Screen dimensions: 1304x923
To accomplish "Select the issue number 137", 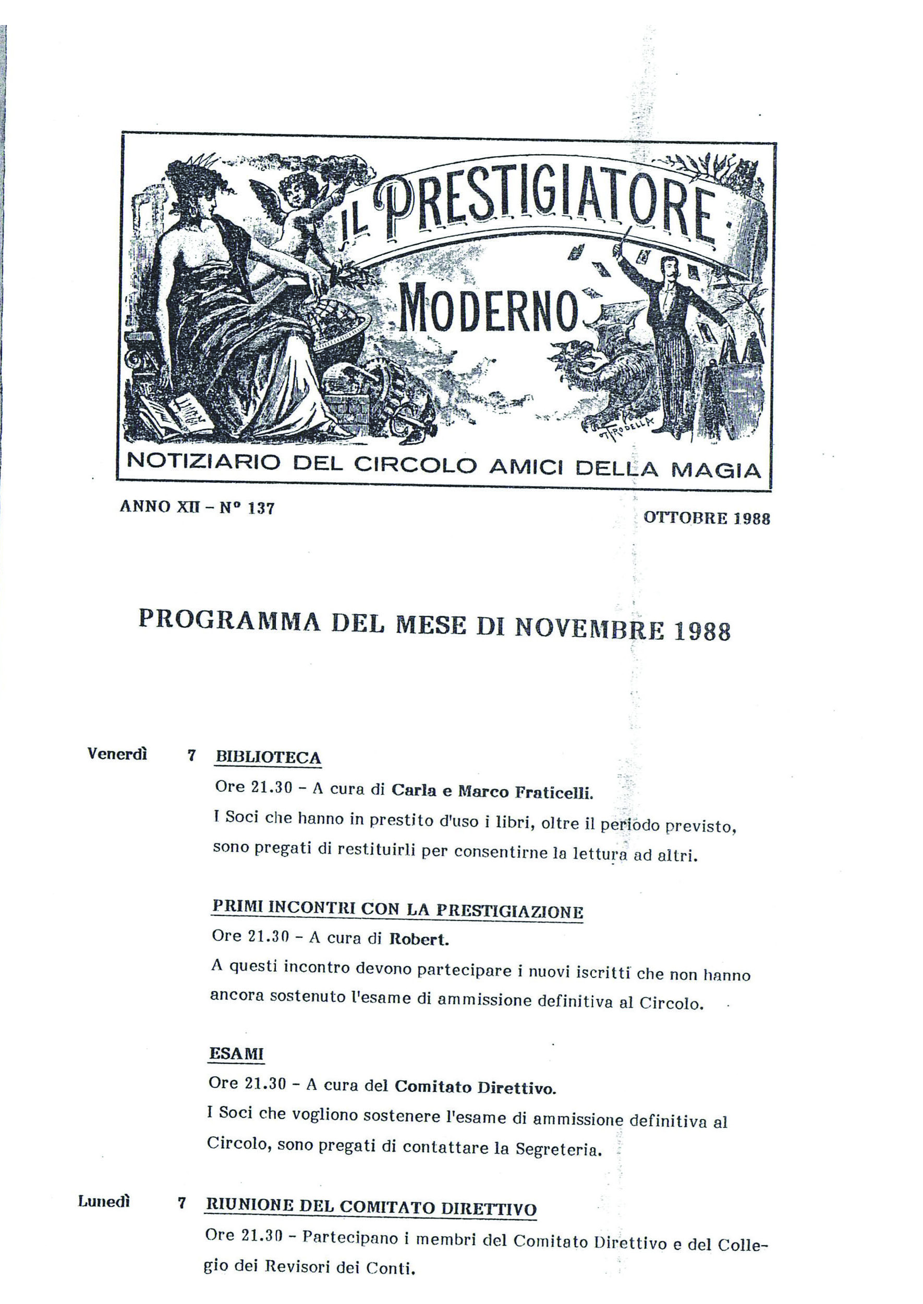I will (261, 508).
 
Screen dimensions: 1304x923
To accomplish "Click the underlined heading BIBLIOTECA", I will (268, 757).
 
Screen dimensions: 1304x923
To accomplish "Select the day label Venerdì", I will (117, 754).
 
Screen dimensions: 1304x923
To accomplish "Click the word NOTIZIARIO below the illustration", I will (203, 462).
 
